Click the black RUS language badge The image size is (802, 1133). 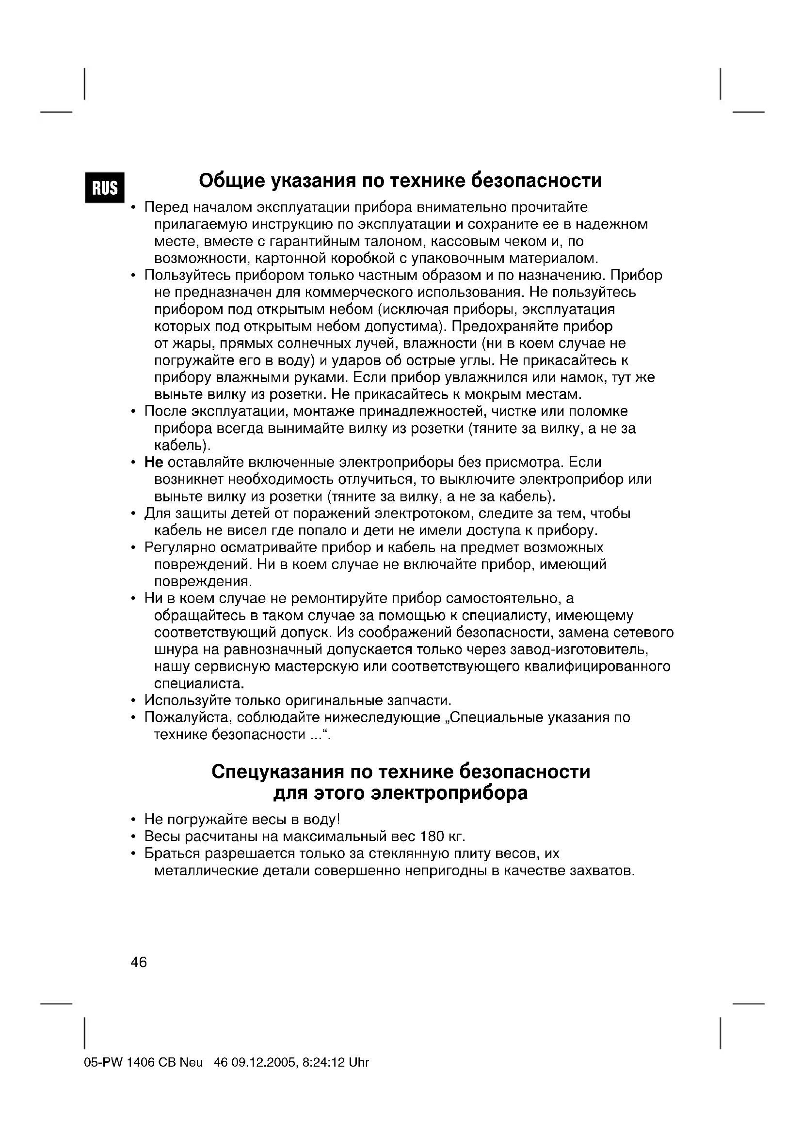[105, 187]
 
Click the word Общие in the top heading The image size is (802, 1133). [231, 181]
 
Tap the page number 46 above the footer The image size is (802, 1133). [139, 962]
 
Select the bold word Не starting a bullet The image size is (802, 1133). [154, 463]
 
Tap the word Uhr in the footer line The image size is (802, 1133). [358, 1062]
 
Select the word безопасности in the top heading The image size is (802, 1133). [536, 181]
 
